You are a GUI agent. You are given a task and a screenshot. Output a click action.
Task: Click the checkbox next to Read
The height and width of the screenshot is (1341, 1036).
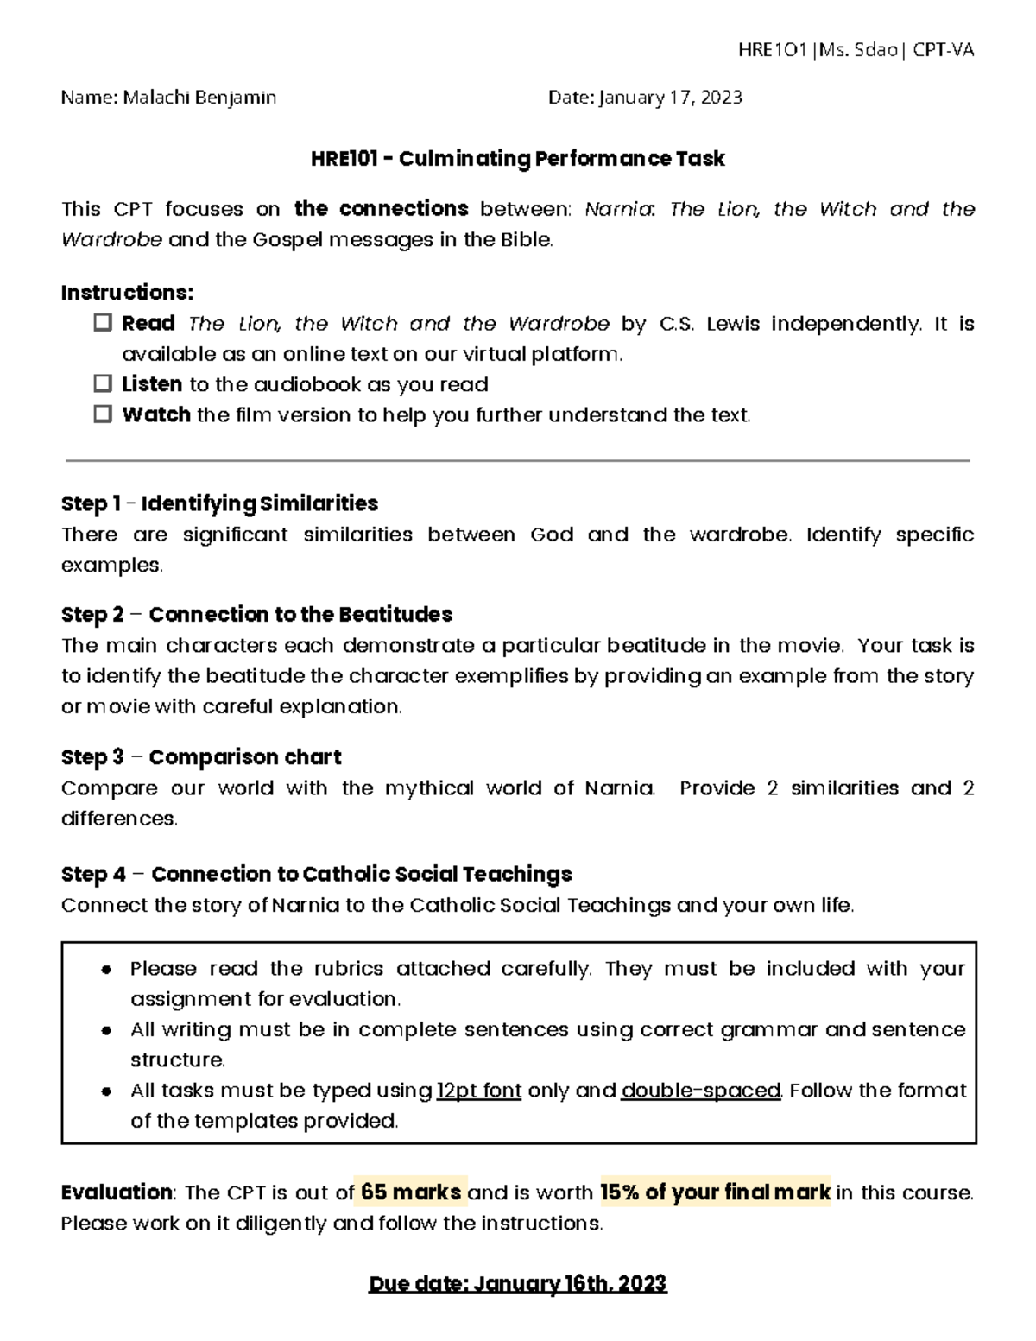coord(103,323)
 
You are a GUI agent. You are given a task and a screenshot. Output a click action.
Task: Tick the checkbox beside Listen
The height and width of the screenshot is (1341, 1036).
coord(103,383)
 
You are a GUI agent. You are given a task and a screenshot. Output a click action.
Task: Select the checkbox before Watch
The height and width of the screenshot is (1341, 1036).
coord(103,414)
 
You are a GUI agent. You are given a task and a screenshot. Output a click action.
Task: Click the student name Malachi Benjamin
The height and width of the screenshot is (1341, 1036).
coord(199,98)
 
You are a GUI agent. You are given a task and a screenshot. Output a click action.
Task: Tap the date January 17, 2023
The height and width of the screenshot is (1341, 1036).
coord(669,98)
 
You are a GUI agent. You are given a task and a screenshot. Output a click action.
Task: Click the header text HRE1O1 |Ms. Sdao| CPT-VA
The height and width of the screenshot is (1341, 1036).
coord(856,50)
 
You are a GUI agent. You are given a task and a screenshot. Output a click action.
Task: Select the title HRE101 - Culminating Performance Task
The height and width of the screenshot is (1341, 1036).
coord(517,159)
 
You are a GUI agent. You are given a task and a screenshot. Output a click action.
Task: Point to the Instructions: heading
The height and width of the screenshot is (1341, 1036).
coord(127,293)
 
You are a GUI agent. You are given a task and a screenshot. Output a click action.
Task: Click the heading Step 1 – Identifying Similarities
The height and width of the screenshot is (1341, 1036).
coord(219,503)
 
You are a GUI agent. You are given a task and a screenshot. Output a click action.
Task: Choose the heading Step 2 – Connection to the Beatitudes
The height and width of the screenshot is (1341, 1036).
coord(256,615)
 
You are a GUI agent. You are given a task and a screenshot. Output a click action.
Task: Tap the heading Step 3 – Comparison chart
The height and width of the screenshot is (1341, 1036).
coord(201,757)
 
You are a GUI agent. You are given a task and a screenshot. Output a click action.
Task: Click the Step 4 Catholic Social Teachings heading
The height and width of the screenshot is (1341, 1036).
coord(316,875)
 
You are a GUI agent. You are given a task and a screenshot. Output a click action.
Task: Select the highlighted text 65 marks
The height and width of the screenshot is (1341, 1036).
coord(411,1192)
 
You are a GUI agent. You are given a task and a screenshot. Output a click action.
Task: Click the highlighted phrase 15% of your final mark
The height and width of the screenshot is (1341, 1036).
coord(715,1192)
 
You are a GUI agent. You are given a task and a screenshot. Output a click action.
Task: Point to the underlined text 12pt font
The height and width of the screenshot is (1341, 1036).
coord(479,1091)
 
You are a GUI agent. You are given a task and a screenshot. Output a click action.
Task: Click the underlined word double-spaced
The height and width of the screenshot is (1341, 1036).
coord(701,1091)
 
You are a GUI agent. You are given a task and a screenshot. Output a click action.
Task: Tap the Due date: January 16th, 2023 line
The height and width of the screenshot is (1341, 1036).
coord(517,1284)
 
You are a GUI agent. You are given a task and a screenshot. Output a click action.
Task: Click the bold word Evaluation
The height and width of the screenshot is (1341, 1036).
coord(117,1192)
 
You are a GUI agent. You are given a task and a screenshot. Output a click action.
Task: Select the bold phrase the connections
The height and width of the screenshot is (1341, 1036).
coord(381,209)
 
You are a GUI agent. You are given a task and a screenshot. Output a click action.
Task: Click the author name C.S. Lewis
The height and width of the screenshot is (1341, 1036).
coord(710,324)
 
